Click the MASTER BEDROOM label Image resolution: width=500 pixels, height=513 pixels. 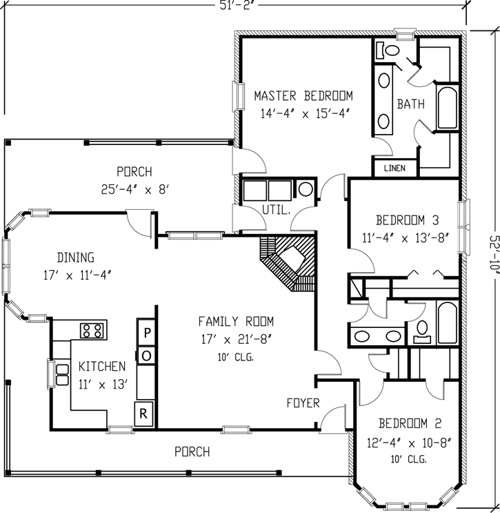[303, 96]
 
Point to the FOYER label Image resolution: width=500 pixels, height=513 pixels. [303, 403]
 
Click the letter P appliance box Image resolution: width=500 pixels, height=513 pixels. [146, 333]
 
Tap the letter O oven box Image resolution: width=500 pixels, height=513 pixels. [146, 355]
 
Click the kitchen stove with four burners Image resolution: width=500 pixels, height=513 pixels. [92, 331]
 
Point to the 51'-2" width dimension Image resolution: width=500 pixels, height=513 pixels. [235, 6]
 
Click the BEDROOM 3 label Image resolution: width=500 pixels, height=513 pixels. [407, 221]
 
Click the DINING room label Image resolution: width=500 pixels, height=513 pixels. [76, 258]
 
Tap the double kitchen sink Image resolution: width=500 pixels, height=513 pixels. [62, 374]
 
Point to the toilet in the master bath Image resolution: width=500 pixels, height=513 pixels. [390, 50]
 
